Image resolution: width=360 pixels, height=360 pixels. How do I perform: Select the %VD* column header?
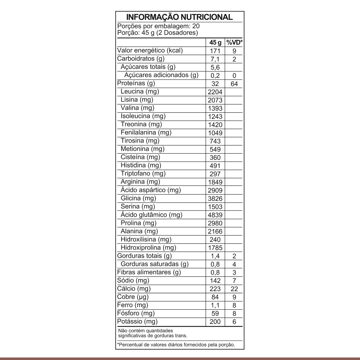tap(234, 43)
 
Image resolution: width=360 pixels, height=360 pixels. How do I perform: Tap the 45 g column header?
tap(215, 43)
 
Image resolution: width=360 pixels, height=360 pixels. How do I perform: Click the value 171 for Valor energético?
tap(215, 51)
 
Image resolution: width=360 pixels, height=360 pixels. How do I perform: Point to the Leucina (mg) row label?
tap(140, 92)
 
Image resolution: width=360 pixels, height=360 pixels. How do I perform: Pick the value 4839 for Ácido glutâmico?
tap(215, 215)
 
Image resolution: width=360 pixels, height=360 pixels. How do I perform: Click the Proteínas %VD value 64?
tap(234, 84)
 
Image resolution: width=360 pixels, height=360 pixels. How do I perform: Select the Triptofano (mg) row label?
tap(143, 174)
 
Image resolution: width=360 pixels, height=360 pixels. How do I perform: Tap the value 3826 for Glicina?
tap(215, 199)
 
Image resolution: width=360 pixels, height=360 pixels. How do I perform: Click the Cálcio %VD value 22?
tap(234, 289)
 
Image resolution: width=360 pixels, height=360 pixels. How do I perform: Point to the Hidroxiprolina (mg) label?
tap(148, 248)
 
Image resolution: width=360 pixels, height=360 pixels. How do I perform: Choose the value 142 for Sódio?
tap(215, 281)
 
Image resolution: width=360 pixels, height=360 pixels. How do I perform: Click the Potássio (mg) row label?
tap(138, 321)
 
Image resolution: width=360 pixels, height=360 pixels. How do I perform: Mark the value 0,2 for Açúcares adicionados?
tap(215, 76)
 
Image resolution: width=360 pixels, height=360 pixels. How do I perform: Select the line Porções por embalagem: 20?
tap(158, 26)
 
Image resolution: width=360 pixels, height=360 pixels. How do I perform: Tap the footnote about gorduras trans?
tap(153, 333)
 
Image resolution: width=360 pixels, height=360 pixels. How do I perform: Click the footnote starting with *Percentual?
tap(176, 345)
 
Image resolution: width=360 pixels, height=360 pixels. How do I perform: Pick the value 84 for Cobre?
tap(215, 297)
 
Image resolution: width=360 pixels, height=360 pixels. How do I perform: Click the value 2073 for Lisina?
tap(215, 100)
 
